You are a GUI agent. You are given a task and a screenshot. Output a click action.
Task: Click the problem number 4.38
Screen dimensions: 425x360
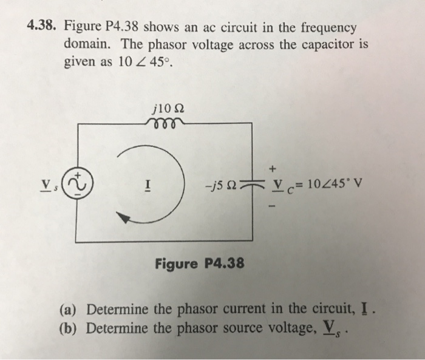coord(41,28)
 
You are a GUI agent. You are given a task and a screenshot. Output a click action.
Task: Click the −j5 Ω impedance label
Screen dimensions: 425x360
coord(222,185)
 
